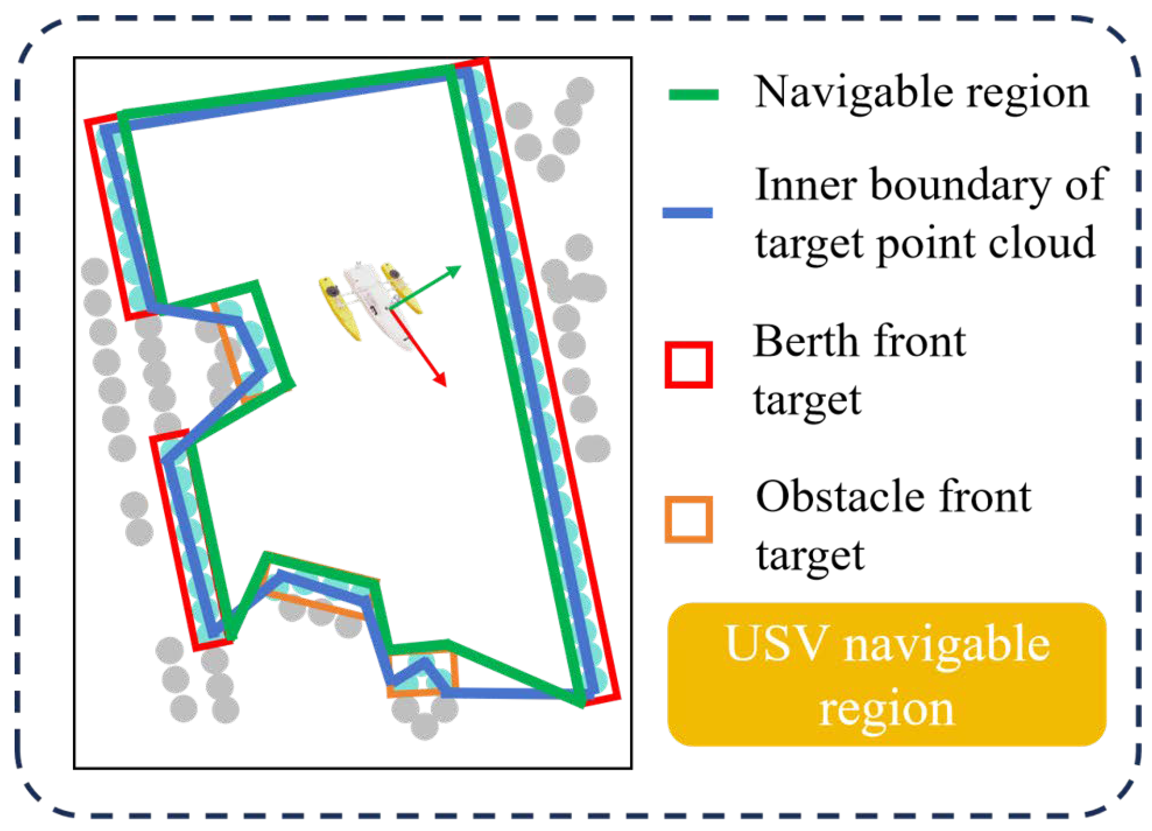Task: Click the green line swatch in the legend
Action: click(x=693, y=94)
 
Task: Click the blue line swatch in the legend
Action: click(x=687, y=213)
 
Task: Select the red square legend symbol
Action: click(x=689, y=364)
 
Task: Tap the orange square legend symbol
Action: click(x=689, y=519)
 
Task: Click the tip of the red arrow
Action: click(x=445, y=385)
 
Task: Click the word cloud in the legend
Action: click(x=1041, y=243)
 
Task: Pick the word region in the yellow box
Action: click(x=887, y=709)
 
